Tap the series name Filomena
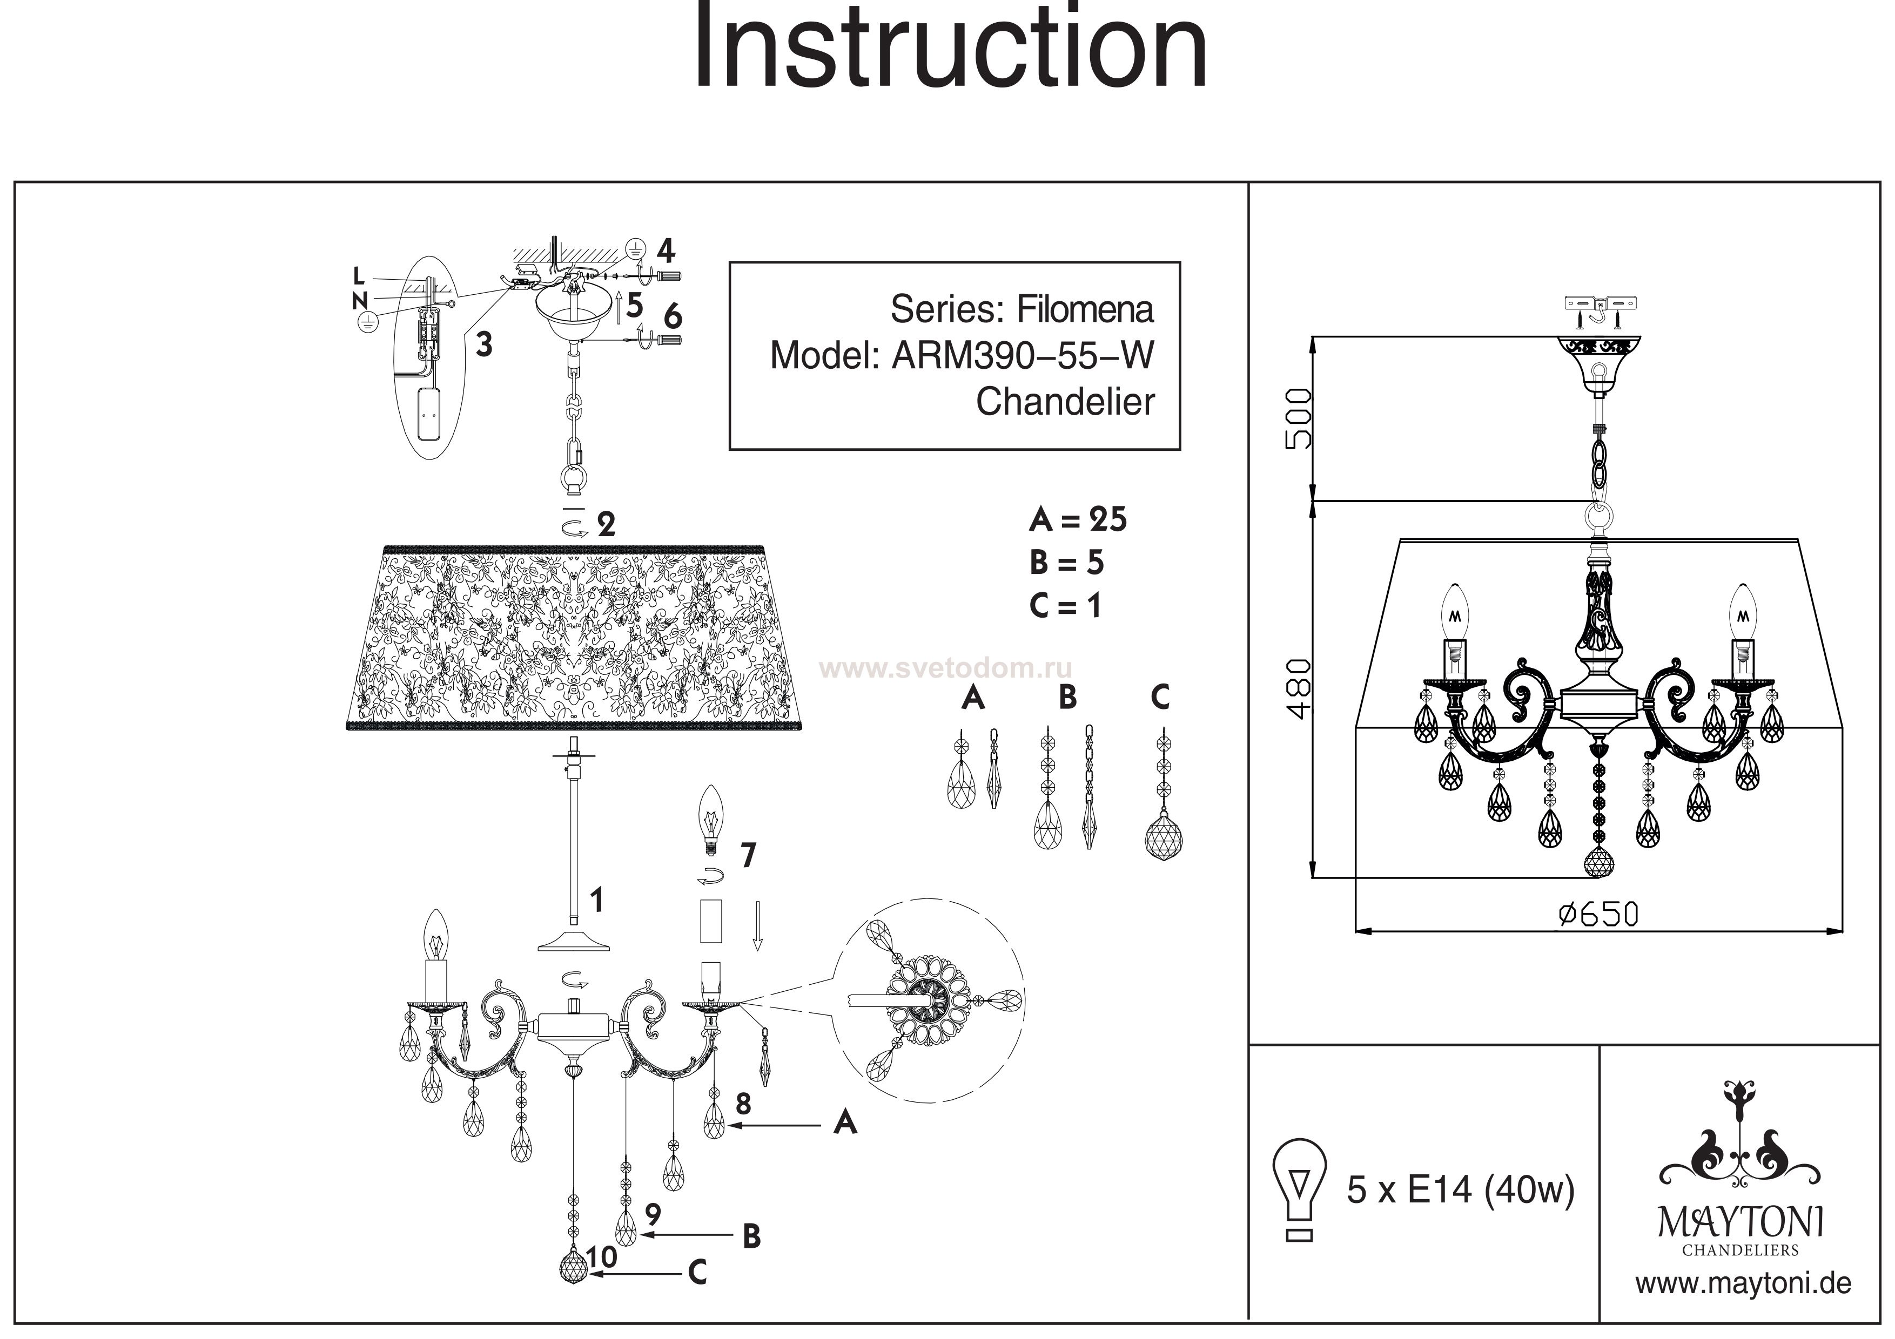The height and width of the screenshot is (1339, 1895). click(1085, 309)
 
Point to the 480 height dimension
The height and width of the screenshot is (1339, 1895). click(1298, 689)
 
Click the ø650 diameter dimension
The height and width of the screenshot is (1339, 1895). click(1598, 914)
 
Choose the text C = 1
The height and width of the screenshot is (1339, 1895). click(1065, 606)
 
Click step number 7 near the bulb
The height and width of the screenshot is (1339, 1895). click(748, 856)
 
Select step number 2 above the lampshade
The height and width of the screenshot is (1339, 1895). click(607, 525)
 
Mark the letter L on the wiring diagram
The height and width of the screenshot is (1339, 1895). click(358, 275)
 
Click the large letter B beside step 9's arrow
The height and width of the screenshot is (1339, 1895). click(751, 1236)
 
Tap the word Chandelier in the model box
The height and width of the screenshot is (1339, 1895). click(1065, 402)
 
